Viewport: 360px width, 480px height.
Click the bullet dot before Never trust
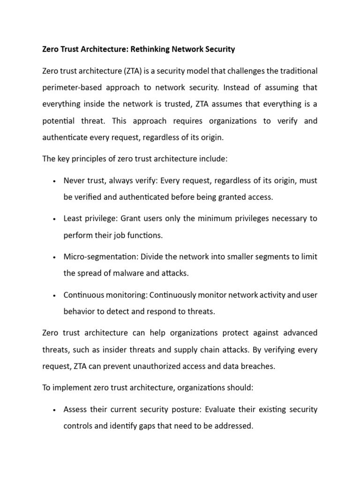[x=55, y=181]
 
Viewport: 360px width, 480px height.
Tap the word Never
[x=74, y=180]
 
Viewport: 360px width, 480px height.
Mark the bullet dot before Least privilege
[x=55, y=219]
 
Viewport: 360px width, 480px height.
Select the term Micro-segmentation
[x=97, y=256]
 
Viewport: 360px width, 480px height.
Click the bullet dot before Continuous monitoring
[x=55, y=295]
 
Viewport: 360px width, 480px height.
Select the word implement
[x=71, y=388]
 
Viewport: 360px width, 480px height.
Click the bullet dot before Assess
[x=55, y=410]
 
